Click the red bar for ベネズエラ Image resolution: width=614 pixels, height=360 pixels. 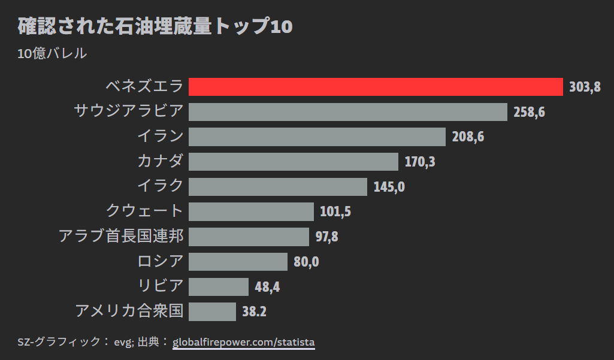[376, 87]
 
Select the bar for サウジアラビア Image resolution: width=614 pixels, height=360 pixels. [348, 112]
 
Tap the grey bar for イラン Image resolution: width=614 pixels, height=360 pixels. [317, 137]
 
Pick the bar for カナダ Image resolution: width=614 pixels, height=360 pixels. [294, 162]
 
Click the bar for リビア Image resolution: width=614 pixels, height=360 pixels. [219, 286]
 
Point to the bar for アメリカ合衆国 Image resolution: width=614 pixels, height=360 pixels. [212, 311]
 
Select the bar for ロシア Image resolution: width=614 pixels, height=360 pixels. [238, 262]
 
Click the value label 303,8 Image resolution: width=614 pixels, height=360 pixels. [585, 87]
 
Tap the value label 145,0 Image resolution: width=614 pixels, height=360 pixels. [389, 187]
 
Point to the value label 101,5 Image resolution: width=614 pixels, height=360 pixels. [335, 211]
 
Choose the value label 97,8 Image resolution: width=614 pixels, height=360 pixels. [326, 237]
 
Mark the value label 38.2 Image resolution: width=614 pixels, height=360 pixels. [254, 311]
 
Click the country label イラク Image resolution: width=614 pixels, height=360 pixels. [160, 186]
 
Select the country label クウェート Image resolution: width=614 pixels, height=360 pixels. [144, 211]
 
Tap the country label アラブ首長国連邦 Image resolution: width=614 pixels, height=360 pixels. [121, 236]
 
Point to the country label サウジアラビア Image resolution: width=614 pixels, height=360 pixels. [129, 111]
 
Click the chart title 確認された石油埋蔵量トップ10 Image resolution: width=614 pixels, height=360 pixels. [155, 27]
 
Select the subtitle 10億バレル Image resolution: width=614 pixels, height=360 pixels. [53, 53]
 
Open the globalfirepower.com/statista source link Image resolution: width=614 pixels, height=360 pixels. [243, 343]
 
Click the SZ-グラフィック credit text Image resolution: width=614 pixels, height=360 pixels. [60, 343]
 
